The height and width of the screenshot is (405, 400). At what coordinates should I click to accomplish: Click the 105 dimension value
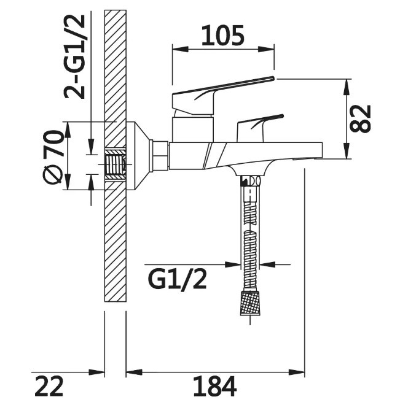(x=223, y=36)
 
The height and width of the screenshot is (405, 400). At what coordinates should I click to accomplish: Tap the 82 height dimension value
(x=360, y=118)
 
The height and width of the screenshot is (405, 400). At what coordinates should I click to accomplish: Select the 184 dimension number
(x=215, y=386)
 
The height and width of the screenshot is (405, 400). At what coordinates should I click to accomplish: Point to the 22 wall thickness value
(x=49, y=386)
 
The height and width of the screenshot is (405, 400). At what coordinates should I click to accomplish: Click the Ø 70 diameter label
(x=53, y=158)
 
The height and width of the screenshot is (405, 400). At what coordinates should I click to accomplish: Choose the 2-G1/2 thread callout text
(x=74, y=57)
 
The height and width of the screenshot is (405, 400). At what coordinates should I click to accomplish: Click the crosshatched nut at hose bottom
(x=250, y=303)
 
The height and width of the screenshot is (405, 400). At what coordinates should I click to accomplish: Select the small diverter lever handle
(x=261, y=128)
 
